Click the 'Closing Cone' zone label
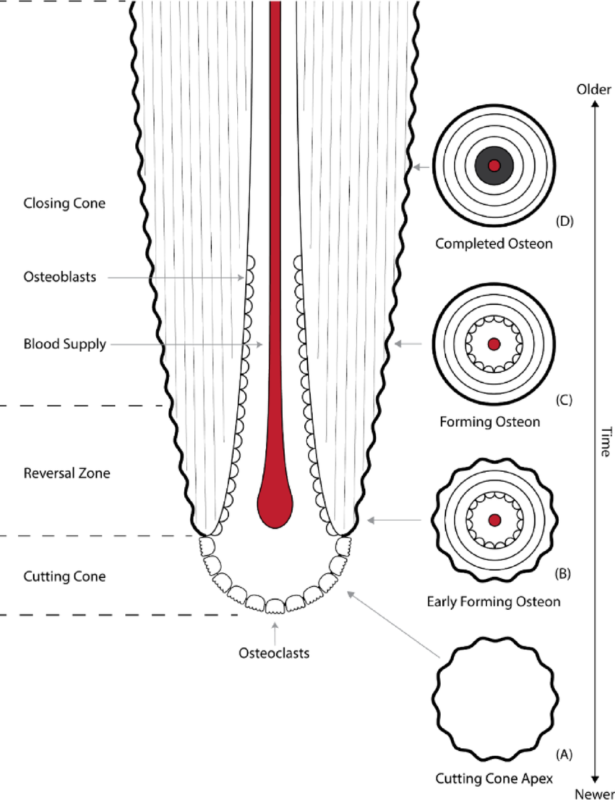coord(64,203)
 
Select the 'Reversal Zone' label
coord(66,473)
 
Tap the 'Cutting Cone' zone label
coord(64,576)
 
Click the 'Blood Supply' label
coord(64,344)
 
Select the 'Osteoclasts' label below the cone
coord(275,653)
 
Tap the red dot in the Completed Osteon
coord(494,165)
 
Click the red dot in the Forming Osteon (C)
coord(494,344)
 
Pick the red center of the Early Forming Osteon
coord(494,520)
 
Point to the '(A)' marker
coord(563,754)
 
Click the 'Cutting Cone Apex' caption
coord(494,779)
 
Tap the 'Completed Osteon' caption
coord(494,243)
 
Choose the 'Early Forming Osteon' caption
coord(494,602)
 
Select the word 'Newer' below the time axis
coord(593,793)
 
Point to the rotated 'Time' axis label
coord(604,442)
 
